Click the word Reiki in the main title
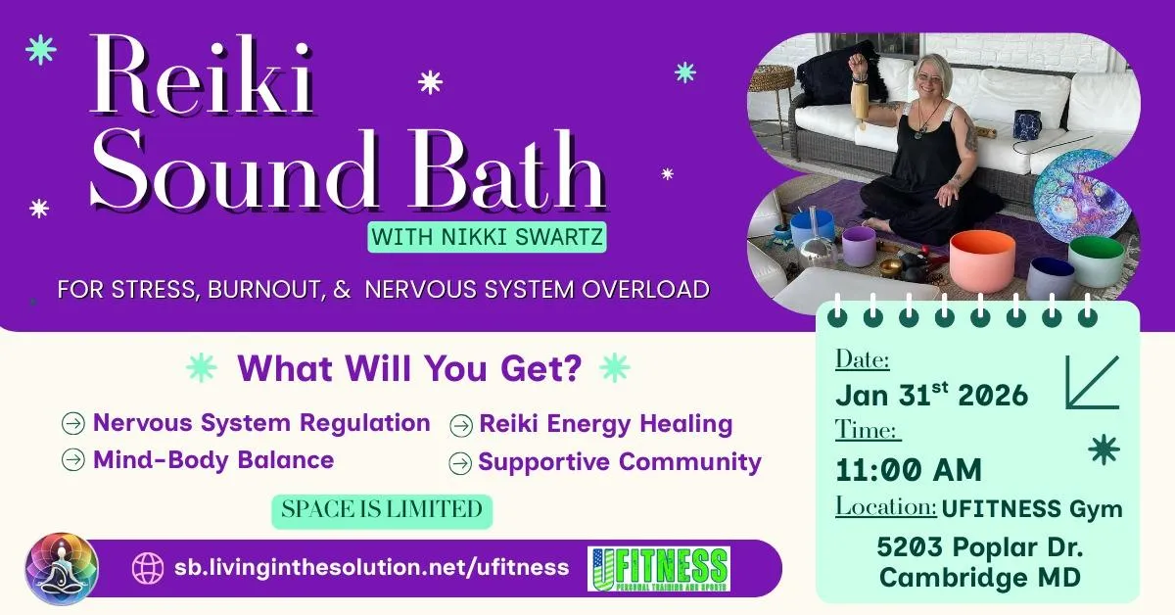point(202,75)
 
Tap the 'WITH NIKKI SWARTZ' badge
point(487,237)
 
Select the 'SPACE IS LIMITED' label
point(382,510)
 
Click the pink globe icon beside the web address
point(148,568)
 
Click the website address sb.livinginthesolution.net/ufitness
point(371,567)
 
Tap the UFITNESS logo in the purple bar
point(659,569)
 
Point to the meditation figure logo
point(62,569)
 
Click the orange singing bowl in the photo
point(982,261)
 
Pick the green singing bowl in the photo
point(1096,260)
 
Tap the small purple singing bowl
point(859,247)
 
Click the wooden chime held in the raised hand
point(860,104)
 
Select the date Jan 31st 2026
point(931,394)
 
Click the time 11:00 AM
point(908,470)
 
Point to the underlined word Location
point(885,507)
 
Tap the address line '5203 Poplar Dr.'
point(980,547)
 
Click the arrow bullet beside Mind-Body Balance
point(72,459)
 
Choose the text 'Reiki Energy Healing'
point(606,423)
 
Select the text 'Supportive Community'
point(620,462)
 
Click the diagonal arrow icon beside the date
point(1093,383)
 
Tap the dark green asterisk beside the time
point(1104,449)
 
